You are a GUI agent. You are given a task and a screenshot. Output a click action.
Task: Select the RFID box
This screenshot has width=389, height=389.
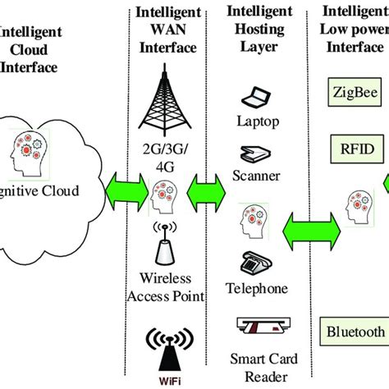click(354, 149)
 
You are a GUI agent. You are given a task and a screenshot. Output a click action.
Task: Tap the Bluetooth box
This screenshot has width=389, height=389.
click(354, 332)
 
